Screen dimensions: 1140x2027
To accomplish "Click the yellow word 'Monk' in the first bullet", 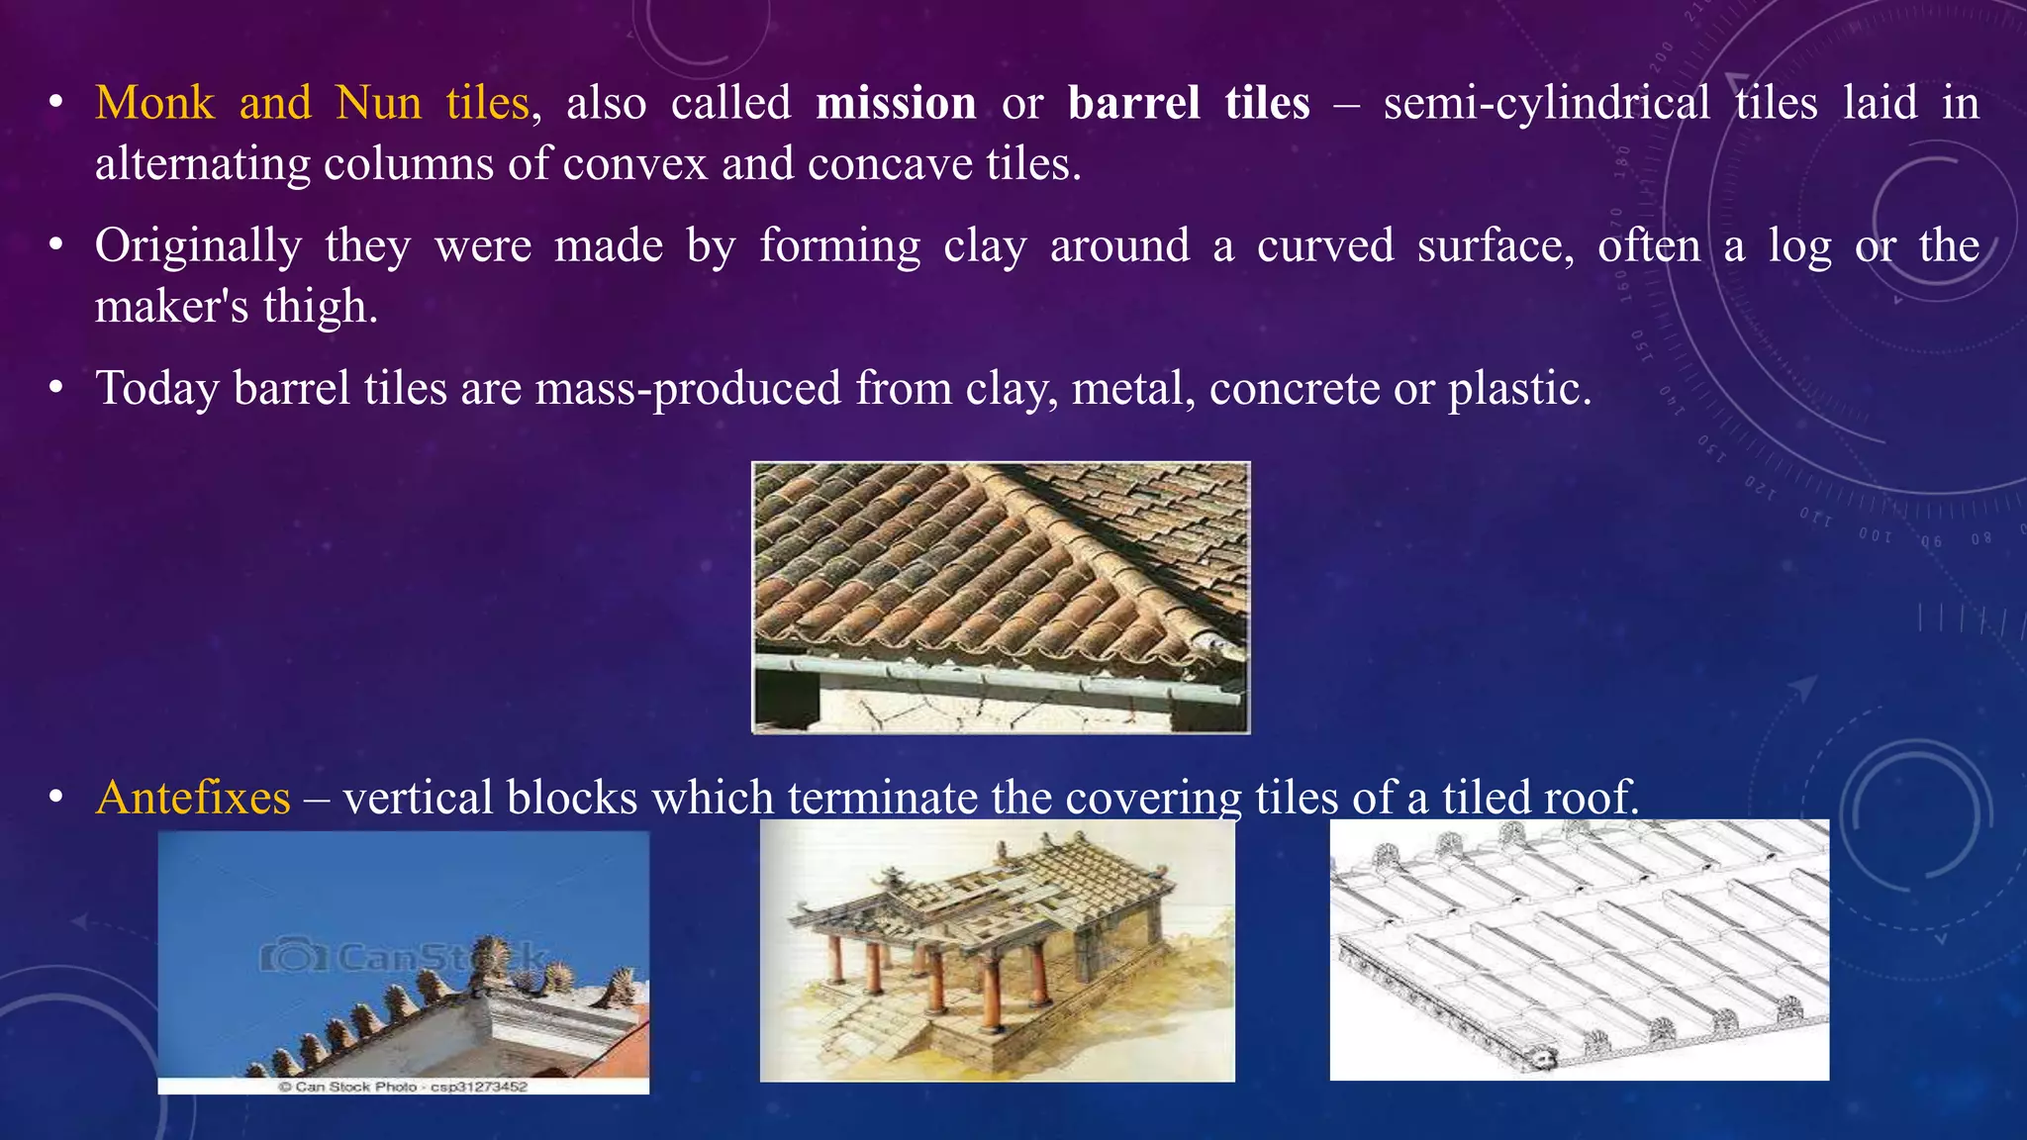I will pos(154,103).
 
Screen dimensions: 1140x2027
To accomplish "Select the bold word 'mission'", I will pos(896,103).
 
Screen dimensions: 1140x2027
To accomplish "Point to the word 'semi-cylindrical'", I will pos(1546,103).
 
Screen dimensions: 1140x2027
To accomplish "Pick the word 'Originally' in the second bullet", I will pos(198,245).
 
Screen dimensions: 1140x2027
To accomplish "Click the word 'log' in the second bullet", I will pos(1799,245).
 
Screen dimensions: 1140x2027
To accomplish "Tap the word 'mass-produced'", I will pos(689,388).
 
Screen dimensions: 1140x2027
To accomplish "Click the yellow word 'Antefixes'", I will pos(193,797).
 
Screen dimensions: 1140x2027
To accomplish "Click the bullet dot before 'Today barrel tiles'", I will pos(57,389).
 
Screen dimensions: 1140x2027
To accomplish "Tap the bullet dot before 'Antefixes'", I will pos(57,798).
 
